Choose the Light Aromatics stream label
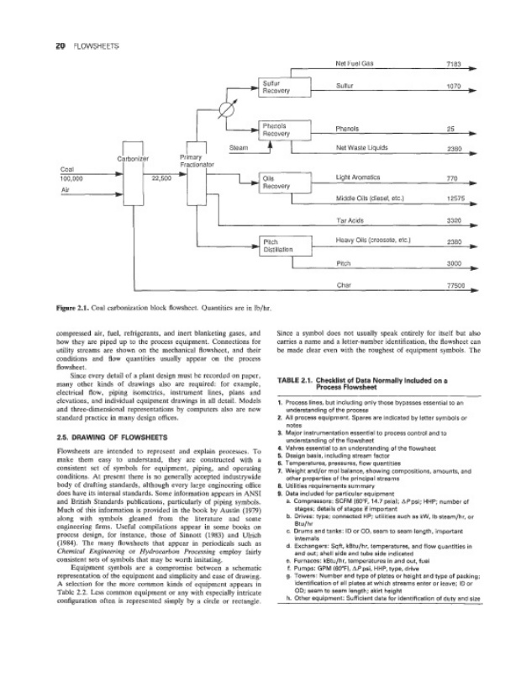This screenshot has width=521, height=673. click(x=357, y=178)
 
